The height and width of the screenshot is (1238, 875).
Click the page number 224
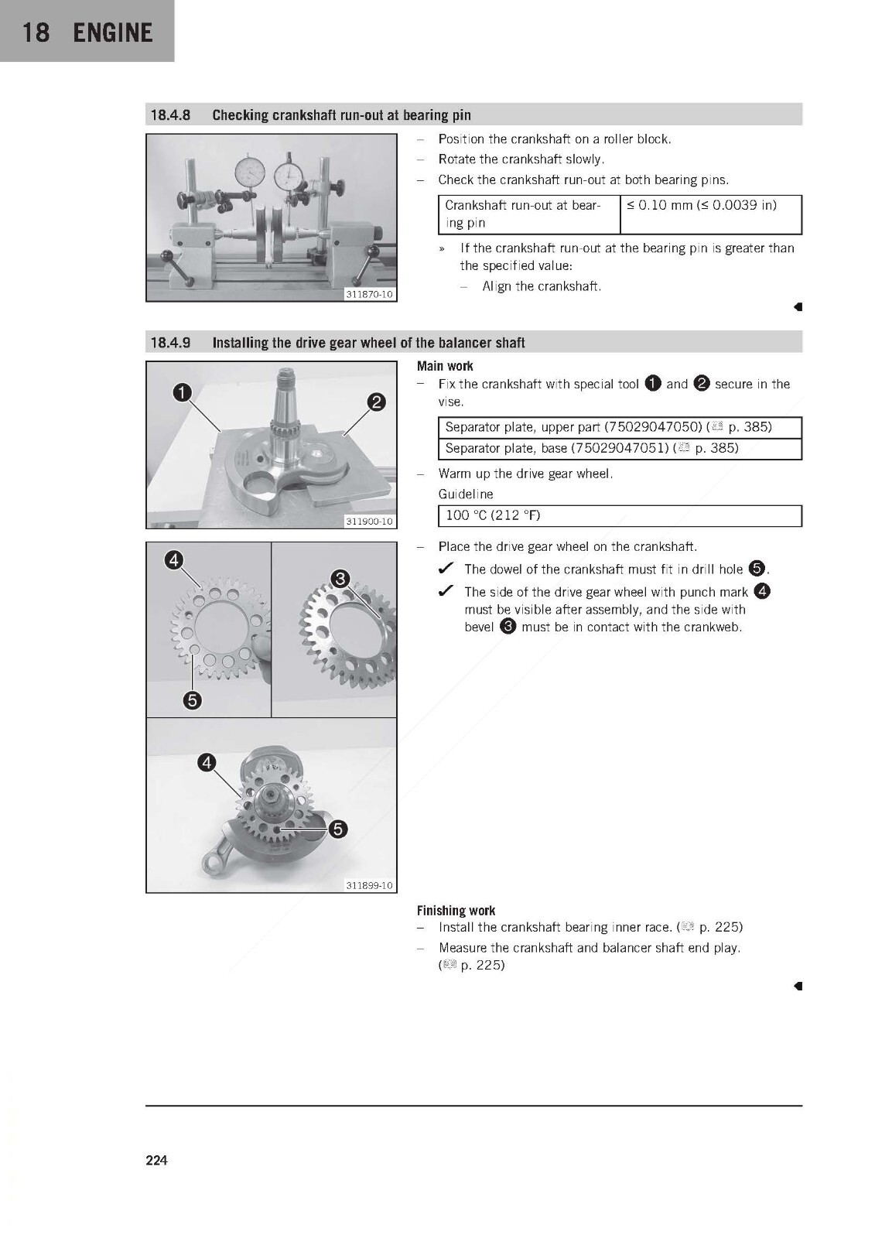pyautogui.click(x=156, y=1160)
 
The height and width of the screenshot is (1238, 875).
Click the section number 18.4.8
pyautogui.click(x=170, y=115)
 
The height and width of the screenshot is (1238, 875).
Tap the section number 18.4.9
pyautogui.click(x=170, y=343)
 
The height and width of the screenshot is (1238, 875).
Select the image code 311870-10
pyautogui.click(x=369, y=295)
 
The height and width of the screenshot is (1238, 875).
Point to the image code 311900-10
pyautogui.click(x=369, y=522)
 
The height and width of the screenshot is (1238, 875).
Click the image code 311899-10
pyautogui.click(x=369, y=885)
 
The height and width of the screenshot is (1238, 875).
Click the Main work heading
pyautogui.click(x=445, y=366)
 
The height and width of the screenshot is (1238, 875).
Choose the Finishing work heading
pyautogui.click(x=456, y=910)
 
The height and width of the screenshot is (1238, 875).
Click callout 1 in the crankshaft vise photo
pyautogui.click(x=183, y=392)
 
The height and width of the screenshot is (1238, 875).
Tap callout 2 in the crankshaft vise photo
pyautogui.click(x=377, y=402)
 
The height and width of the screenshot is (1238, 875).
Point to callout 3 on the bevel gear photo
pyautogui.click(x=340, y=579)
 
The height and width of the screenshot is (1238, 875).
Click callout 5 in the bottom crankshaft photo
pyautogui.click(x=338, y=829)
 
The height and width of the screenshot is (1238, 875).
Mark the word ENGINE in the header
pyautogui.click(x=113, y=32)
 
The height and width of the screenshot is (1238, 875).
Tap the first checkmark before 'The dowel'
pyautogui.click(x=446, y=568)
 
